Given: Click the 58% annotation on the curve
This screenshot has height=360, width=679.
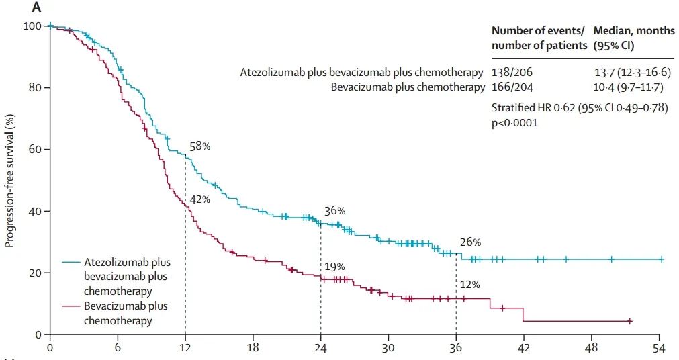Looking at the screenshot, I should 200,146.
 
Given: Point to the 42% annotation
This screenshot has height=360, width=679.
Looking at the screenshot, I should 200,199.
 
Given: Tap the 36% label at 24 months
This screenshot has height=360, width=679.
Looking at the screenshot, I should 334,211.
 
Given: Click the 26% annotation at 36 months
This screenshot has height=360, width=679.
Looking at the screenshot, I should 470,242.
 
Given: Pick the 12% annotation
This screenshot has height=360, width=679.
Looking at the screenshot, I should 469,285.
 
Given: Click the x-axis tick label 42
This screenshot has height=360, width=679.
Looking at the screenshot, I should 524,348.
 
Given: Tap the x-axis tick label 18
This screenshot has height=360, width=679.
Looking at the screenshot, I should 253,348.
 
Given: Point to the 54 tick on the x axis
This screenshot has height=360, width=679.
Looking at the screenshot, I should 659,348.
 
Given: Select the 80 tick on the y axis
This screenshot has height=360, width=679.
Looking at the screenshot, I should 35,87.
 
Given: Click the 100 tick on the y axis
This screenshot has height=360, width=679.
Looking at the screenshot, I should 32,26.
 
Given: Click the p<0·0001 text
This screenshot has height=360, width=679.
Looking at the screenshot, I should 515,123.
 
